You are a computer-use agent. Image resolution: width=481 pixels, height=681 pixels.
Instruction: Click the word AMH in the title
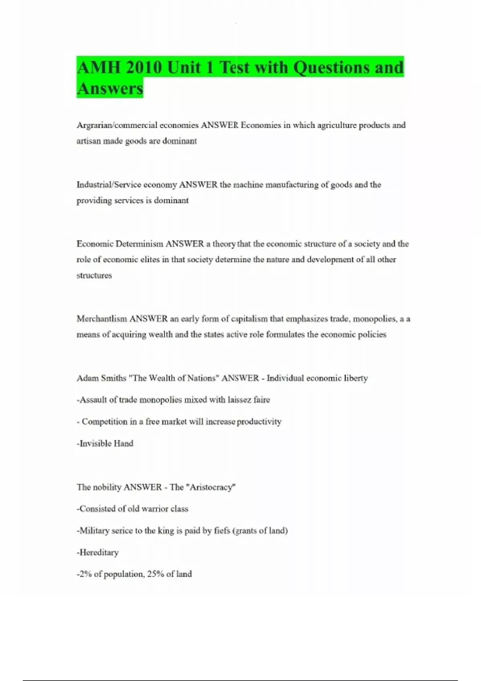pyautogui.click(x=98, y=67)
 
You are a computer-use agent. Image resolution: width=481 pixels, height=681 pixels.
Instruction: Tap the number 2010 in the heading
pyautogui.click(x=143, y=67)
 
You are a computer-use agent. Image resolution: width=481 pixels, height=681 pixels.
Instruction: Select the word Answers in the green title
pyautogui.click(x=110, y=88)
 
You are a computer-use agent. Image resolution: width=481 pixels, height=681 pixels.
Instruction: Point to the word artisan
pyautogui.click(x=88, y=141)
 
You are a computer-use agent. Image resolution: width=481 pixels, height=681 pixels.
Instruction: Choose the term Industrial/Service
pyautogui.click(x=109, y=185)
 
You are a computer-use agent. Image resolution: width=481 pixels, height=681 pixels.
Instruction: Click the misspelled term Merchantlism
pyautogui.click(x=102, y=319)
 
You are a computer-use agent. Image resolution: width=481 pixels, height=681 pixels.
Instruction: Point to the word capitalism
pyautogui.click(x=249, y=319)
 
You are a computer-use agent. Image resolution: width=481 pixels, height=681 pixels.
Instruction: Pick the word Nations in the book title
pyautogui.click(x=201, y=378)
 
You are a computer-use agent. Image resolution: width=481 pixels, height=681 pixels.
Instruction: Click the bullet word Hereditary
pyautogui.click(x=99, y=552)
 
